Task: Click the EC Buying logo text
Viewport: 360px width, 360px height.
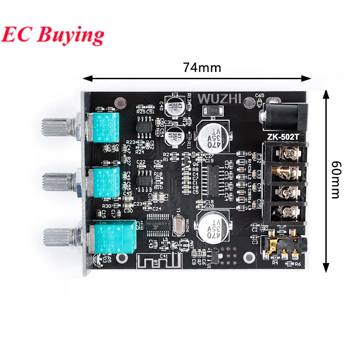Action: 53,34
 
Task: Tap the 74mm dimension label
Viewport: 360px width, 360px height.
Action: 202,67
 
